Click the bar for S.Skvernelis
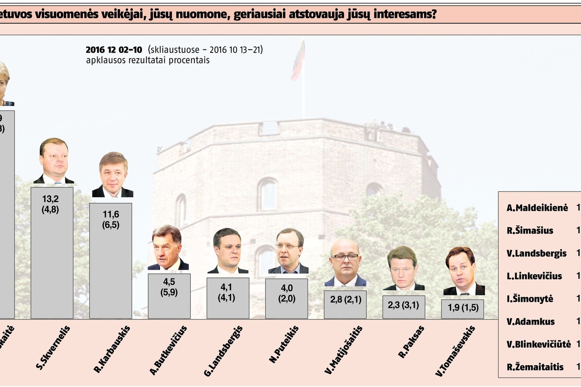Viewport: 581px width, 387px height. [52, 253]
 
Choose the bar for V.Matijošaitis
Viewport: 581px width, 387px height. [345, 304]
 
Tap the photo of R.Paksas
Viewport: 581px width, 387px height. [403, 268]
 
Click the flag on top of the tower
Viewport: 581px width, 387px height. [299, 60]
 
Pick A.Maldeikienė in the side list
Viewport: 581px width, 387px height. [537, 208]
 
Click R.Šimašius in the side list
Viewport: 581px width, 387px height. [530, 231]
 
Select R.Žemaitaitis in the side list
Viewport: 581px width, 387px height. [535, 367]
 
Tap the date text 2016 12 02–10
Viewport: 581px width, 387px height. [114, 50]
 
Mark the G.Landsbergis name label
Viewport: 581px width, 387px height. [223, 351]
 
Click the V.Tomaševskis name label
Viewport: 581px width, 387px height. [455, 351]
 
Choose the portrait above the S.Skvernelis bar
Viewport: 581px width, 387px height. [54, 161]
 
